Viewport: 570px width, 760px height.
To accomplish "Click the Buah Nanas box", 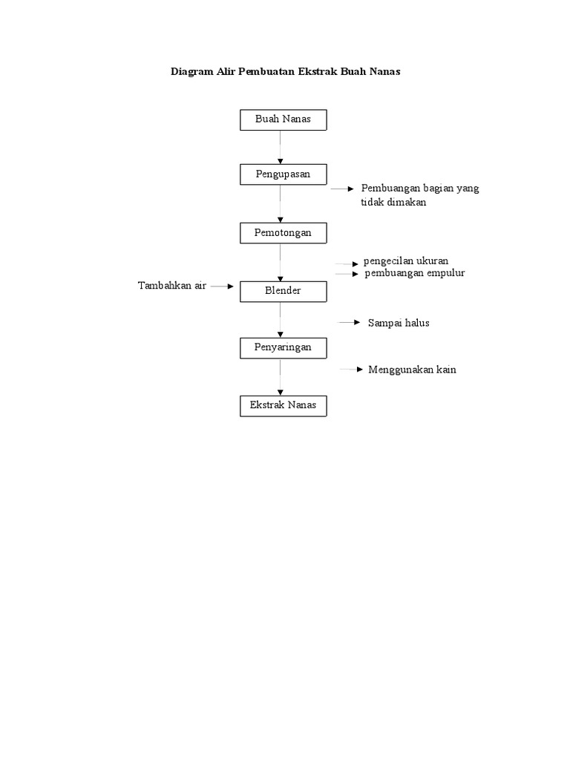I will pos(283,119).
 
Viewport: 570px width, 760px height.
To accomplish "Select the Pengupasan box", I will pos(283,174).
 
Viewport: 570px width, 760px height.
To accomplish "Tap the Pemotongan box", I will pos(283,233).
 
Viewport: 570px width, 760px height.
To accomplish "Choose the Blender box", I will pos(283,291).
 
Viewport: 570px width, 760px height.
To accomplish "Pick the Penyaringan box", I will pos(283,347).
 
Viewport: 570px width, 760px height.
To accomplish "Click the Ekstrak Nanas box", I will pos(283,405).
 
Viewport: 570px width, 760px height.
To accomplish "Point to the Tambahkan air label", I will pos(172,286).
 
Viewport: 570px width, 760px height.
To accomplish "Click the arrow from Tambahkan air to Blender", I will pos(222,286).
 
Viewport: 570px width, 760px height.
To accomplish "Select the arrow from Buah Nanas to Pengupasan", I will pos(281,147).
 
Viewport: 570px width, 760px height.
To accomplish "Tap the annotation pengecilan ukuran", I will pos(406,261).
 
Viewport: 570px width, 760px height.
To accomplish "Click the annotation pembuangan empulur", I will pos(414,273).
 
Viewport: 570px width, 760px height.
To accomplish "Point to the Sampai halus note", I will pos(399,323).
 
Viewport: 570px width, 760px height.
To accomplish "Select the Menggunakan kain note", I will pos(412,370).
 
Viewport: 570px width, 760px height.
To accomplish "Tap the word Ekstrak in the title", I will pos(318,72).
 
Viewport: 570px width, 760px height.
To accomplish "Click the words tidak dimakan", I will pos(393,203).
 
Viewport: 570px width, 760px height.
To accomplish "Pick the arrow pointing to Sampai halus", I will pos(349,323).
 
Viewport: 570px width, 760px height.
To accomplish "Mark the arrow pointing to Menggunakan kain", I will pos(351,369).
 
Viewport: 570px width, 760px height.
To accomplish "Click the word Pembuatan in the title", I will pos(266,72).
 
